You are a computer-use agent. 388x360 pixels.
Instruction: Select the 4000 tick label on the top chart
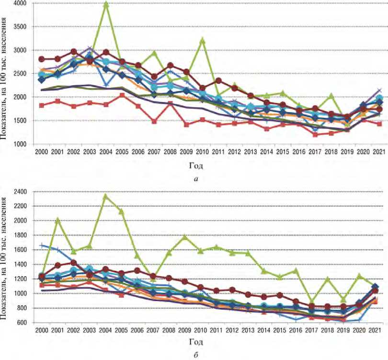20,3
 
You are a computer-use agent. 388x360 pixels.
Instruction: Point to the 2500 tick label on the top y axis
20,73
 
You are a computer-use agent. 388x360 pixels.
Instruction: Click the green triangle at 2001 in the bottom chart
58,221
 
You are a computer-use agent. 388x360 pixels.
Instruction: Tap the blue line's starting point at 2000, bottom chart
42,246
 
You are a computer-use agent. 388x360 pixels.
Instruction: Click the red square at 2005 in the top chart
122,95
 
